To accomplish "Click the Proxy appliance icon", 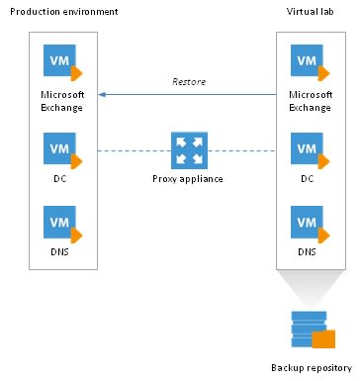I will (186, 150).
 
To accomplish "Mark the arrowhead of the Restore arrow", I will (101, 95).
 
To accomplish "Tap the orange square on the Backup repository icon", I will (323, 340).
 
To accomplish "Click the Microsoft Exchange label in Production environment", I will (61, 100).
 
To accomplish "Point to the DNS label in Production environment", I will (61, 254).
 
